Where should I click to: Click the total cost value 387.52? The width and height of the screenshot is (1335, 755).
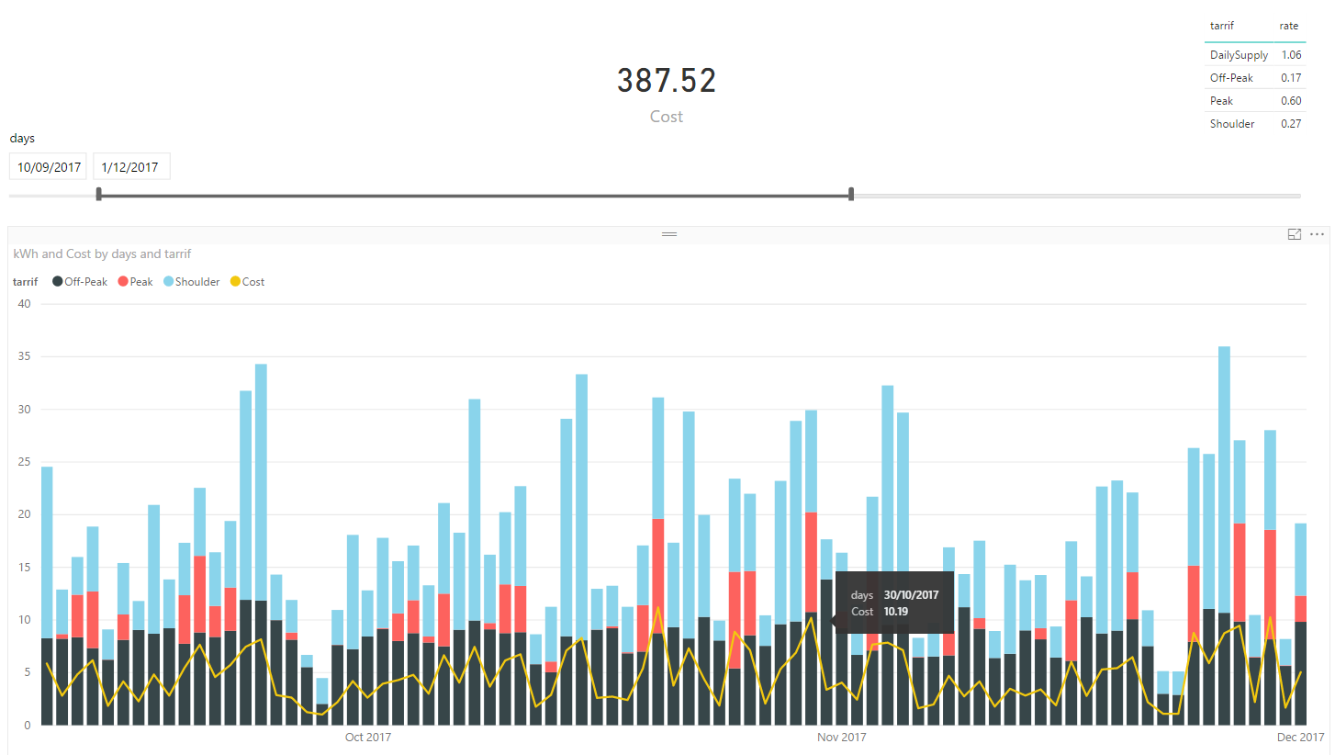tap(666, 82)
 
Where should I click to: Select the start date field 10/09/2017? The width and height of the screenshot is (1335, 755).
tap(48, 167)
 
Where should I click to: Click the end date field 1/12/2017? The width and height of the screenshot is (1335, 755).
tap(130, 167)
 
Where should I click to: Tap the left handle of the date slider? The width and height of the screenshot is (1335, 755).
tap(99, 194)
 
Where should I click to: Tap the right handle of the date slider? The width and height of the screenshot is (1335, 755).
tap(851, 194)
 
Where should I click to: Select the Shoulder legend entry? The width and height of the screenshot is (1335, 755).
tap(192, 282)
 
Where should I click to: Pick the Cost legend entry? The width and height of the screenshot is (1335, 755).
tap(247, 282)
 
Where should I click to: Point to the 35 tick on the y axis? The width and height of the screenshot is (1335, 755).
tap(23, 356)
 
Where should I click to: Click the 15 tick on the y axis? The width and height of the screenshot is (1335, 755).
tap(23, 568)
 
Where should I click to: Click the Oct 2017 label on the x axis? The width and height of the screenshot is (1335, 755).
tap(367, 738)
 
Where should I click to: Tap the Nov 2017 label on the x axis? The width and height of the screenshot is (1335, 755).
tap(841, 738)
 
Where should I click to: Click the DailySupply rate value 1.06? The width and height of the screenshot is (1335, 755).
tap(1290, 55)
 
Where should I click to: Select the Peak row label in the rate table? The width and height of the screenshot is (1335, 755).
tap(1221, 101)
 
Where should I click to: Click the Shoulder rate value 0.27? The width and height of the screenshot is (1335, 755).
tap(1290, 124)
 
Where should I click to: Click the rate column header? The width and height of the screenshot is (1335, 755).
tap(1289, 26)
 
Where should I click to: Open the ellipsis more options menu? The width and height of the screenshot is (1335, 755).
tap(1317, 235)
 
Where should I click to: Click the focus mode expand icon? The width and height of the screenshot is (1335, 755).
tap(1295, 235)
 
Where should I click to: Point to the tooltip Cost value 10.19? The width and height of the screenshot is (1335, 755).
tap(896, 611)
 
